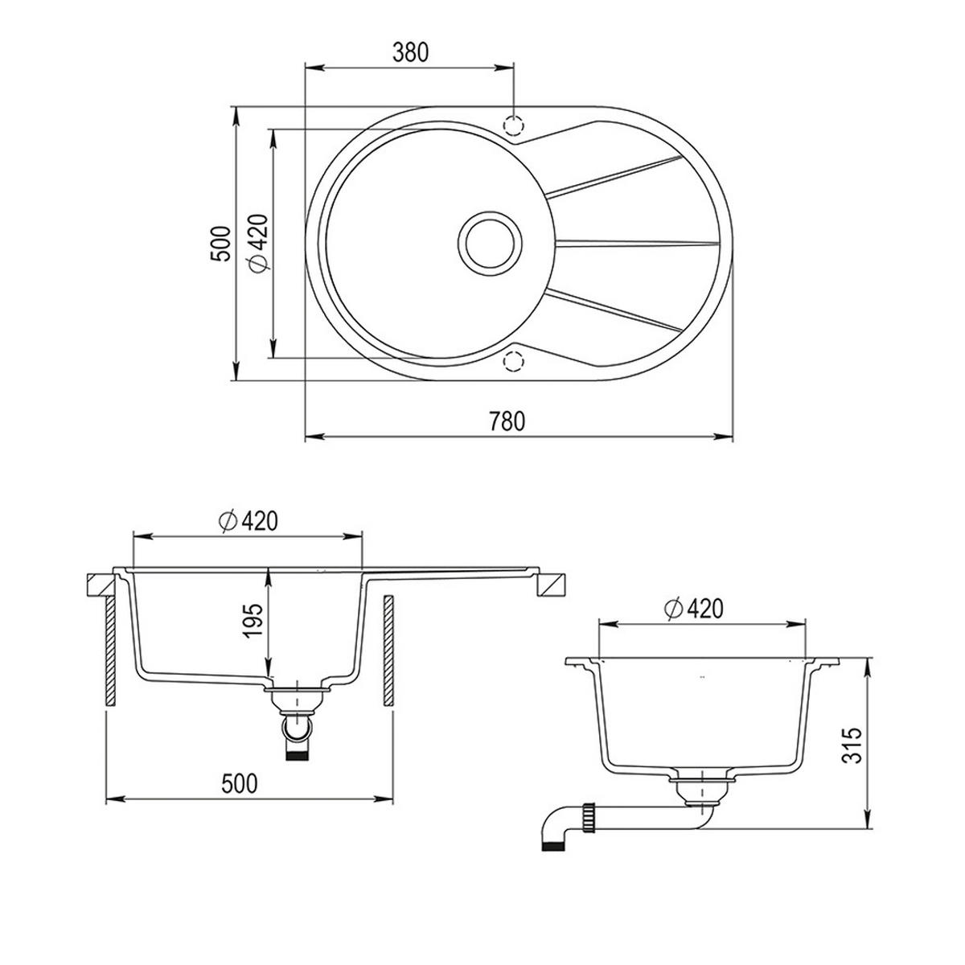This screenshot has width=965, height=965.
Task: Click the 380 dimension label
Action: point(410,52)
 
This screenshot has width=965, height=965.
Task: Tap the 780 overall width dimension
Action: point(507,421)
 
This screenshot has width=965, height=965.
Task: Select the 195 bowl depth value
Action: point(253,621)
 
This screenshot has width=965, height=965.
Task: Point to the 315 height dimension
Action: point(852,745)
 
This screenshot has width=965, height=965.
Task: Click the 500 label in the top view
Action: point(221,244)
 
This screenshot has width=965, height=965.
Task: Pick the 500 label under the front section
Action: point(240,784)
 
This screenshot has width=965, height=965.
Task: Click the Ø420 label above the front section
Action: point(248,521)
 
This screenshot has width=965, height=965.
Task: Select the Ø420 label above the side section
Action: point(693,609)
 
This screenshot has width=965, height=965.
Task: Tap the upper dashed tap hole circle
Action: point(513,124)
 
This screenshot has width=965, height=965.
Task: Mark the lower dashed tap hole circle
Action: point(513,361)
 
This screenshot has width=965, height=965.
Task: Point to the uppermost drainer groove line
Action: point(614,177)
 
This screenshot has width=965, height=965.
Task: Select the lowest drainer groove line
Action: point(614,310)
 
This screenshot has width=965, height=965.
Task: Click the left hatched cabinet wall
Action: point(111,651)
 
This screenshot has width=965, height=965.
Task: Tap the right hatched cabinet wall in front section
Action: point(388,651)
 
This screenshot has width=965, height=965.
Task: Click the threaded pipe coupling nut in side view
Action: point(589,819)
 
